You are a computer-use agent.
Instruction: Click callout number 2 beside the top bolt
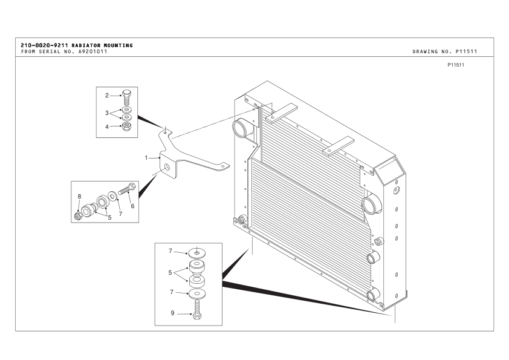(107, 96)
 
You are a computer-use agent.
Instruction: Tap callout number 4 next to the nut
(107, 126)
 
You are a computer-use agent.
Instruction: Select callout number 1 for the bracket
(146, 157)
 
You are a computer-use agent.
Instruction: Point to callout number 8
(79, 196)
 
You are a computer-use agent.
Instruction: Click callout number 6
(132, 206)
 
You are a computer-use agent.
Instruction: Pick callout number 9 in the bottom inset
(172, 313)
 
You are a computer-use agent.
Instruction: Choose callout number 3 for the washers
(107, 113)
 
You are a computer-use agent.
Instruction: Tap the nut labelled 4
(126, 126)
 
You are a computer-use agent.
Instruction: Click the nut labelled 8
(79, 215)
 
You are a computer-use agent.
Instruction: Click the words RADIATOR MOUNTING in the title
(102, 45)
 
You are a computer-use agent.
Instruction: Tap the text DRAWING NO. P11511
(444, 51)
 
